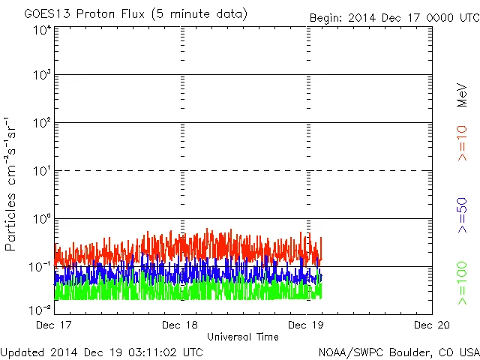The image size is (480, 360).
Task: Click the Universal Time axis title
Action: (242, 337)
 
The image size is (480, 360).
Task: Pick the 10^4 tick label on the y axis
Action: (42, 30)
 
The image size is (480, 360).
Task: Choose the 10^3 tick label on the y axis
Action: (42, 76)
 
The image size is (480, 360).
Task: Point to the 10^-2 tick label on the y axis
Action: (40, 309)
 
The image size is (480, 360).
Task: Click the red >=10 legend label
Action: (462, 142)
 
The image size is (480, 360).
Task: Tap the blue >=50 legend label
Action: (462, 214)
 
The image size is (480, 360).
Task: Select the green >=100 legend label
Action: (462, 283)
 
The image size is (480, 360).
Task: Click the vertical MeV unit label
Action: (462, 95)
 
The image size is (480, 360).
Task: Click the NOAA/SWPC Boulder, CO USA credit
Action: (398, 352)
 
